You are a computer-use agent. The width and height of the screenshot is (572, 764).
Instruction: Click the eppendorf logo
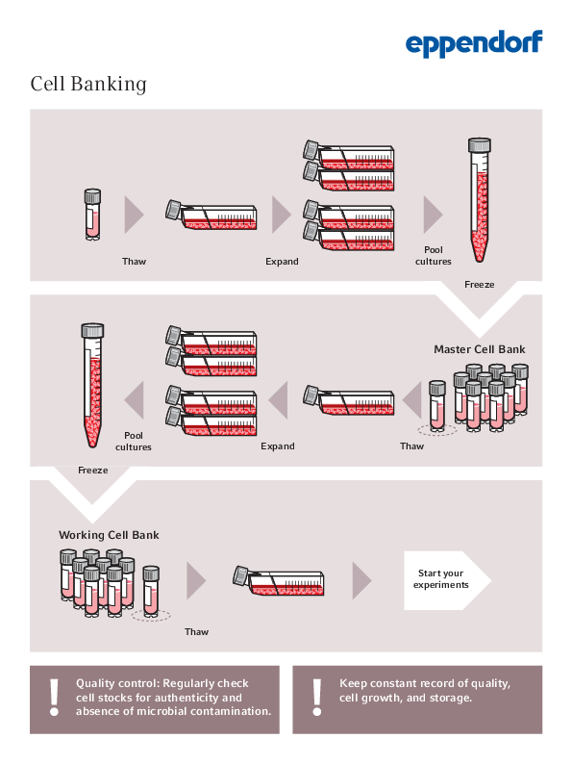click(x=473, y=43)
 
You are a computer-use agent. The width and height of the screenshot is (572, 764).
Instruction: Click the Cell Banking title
click(x=88, y=84)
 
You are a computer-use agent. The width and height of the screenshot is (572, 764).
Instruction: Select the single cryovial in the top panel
click(x=92, y=214)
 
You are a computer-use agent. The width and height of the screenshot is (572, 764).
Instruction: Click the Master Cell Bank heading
click(x=480, y=349)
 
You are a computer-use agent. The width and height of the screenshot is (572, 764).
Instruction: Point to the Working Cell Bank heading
click(x=109, y=535)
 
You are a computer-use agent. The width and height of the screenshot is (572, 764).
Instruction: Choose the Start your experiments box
click(x=442, y=580)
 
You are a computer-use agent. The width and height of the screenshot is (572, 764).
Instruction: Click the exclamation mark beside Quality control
click(x=54, y=696)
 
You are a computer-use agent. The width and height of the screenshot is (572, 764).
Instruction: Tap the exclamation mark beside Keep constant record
click(x=316, y=696)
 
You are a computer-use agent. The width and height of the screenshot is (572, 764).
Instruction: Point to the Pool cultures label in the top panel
click(x=433, y=256)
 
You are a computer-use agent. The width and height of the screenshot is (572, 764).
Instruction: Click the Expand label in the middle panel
click(x=278, y=446)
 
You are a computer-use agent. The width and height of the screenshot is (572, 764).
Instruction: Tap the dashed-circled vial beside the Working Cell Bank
click(x=151, y=593)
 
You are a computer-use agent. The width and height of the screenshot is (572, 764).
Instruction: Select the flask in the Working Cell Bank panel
click(x=280, y=579)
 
